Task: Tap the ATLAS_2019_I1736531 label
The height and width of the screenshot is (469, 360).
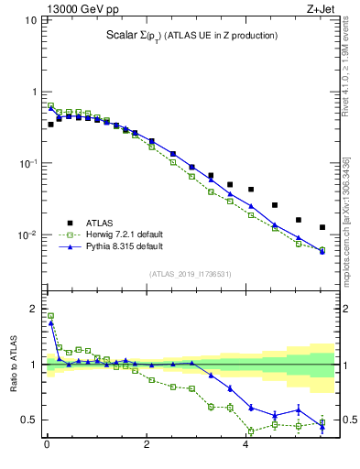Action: click(191, 273)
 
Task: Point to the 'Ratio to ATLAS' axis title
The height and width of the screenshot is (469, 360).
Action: click(14, 365)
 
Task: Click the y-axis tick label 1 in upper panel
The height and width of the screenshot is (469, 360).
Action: click(34, 92)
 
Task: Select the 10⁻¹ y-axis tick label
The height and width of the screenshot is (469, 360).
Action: click(28, 163)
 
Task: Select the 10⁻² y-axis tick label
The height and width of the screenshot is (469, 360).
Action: click(28, 235)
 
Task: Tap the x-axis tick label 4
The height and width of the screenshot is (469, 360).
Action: click(245, 446)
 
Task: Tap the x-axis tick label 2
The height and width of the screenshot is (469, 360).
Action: click(147, 446)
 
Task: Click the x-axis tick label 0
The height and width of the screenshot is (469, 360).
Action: click(47, 446)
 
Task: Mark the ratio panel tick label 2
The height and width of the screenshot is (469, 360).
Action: click(34, 309)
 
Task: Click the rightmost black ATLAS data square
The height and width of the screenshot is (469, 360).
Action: click(322, 227)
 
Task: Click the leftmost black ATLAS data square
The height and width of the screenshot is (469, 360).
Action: click(51, 125)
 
